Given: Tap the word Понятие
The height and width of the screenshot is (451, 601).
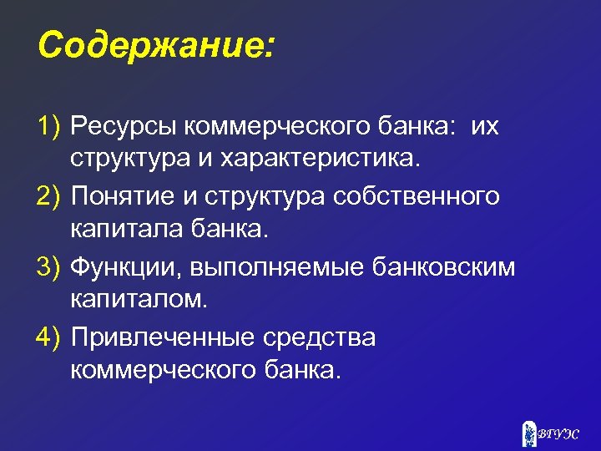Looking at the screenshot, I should tap(124, 196).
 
